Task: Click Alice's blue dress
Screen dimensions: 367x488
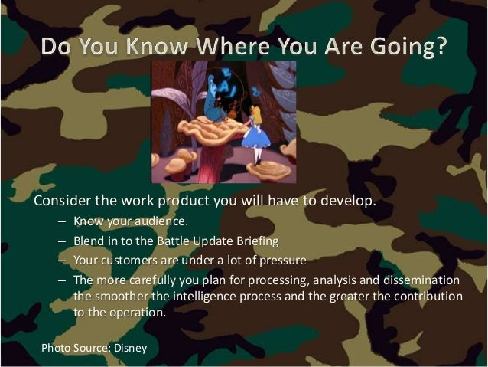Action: (x=254, y=135)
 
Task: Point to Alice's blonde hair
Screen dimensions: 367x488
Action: (x=255, y=114)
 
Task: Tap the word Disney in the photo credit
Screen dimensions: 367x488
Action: (x=130, y=348)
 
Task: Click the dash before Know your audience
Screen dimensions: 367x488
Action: (x=62, y=222)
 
